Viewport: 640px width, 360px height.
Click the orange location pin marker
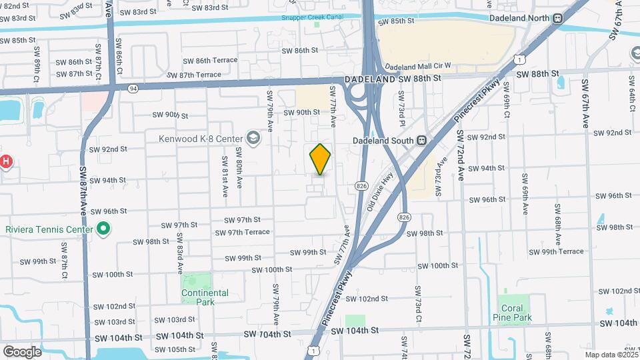click(320, 159)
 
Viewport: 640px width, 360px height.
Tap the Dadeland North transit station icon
click(557, 19)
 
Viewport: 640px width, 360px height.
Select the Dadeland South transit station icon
click(421, 140)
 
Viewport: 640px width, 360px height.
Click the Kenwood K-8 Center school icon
click(253, 138)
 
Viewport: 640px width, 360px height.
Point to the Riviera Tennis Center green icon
click(103, 230)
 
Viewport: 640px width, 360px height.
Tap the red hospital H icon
click(5, 161)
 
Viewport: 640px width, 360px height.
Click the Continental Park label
click(205, 297)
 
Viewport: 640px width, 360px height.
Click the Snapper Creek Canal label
click(313, 18)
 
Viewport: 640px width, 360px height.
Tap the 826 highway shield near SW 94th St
click(362, 185)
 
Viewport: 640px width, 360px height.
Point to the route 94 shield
click(133, 88)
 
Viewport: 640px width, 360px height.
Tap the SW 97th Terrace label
click(242, 232)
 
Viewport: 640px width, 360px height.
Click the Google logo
click(22, 351)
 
